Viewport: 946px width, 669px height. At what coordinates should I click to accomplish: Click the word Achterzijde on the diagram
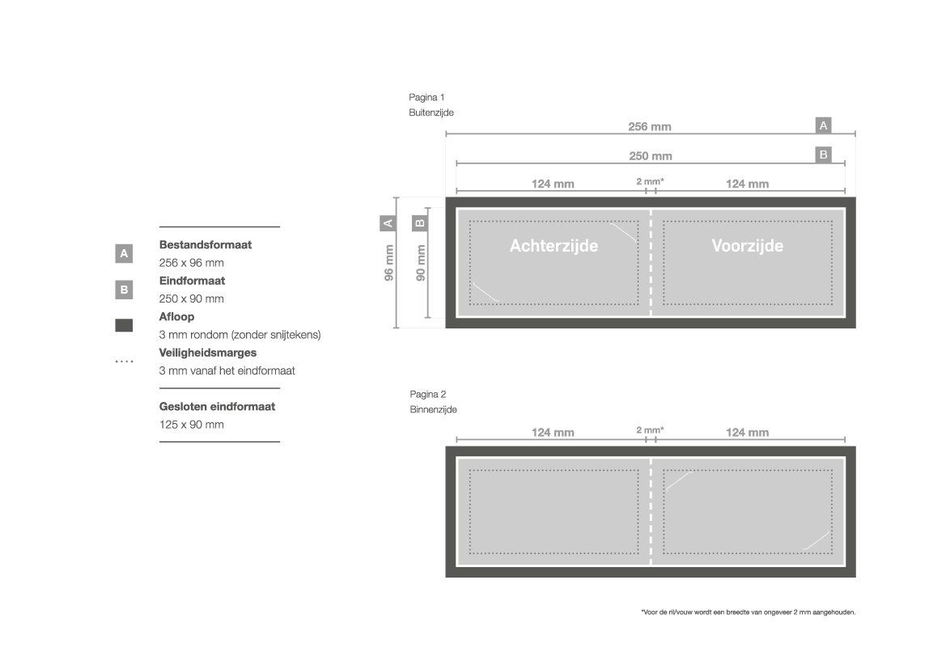[x=554, y=246]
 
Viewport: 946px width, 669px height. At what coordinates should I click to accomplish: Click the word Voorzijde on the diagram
[x=747, y=246]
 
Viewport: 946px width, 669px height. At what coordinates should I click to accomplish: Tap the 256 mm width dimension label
[x=650, y=127]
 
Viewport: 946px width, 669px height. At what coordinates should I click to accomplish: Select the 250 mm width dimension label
[x=650, y=156]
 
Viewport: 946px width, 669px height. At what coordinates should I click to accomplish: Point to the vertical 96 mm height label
[x=389, y=263]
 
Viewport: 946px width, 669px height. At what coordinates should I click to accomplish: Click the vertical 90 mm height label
[x=421, y=263]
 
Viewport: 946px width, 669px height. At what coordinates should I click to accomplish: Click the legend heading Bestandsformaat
[x=205, y=245]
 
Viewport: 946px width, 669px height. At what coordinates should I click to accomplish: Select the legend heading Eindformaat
[x=192, y=281]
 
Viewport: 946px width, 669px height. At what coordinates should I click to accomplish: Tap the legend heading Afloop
[x=176, y=317]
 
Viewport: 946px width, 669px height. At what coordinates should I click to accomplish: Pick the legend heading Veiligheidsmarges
[x=207, y=353]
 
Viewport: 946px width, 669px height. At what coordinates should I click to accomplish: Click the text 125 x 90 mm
[x=191, y=425]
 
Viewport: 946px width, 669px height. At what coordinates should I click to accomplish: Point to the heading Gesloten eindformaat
[x=217, y=407]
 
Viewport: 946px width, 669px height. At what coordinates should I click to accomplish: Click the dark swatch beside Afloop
[x=124, y=326]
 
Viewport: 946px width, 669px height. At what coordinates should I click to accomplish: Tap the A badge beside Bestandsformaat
[x=124, y=254]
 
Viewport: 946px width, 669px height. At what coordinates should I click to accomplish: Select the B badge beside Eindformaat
[x=124, y=289]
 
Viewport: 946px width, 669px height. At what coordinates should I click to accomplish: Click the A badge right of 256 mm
[x=823, y=125]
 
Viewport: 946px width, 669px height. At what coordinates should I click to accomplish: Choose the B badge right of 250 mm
[x=823, y=155]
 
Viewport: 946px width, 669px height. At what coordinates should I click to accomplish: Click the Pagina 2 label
[x=427, y=394]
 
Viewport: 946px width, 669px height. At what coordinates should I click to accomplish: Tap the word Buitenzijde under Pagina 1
[x=431, y=113]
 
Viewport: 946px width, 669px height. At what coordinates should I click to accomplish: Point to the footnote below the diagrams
[x=748, y=612]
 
